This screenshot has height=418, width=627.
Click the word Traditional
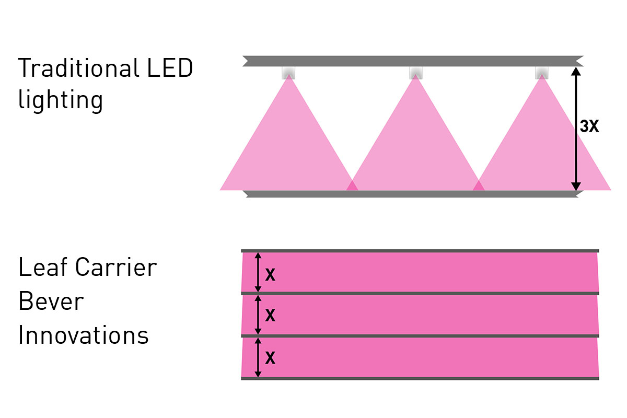78,67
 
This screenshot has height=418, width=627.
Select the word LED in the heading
170,68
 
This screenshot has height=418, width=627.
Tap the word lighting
61,100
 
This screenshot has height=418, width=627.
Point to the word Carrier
116,267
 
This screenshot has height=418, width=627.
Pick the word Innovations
84,335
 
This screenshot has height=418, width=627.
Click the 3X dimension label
589,126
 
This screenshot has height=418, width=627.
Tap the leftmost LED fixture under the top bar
288,73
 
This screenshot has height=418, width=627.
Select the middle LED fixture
416,73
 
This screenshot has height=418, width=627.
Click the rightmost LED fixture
542,73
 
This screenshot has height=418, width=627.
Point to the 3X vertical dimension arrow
576,129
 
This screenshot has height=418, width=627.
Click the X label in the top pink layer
270,274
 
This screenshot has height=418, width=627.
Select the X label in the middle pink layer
270,315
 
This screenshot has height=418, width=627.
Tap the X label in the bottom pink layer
270,357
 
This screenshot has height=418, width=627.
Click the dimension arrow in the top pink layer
258,272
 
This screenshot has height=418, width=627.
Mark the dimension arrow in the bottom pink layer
258,357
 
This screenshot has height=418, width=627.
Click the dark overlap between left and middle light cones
352,186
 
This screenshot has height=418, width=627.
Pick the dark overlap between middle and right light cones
479,186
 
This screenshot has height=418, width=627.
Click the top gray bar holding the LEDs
413,61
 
